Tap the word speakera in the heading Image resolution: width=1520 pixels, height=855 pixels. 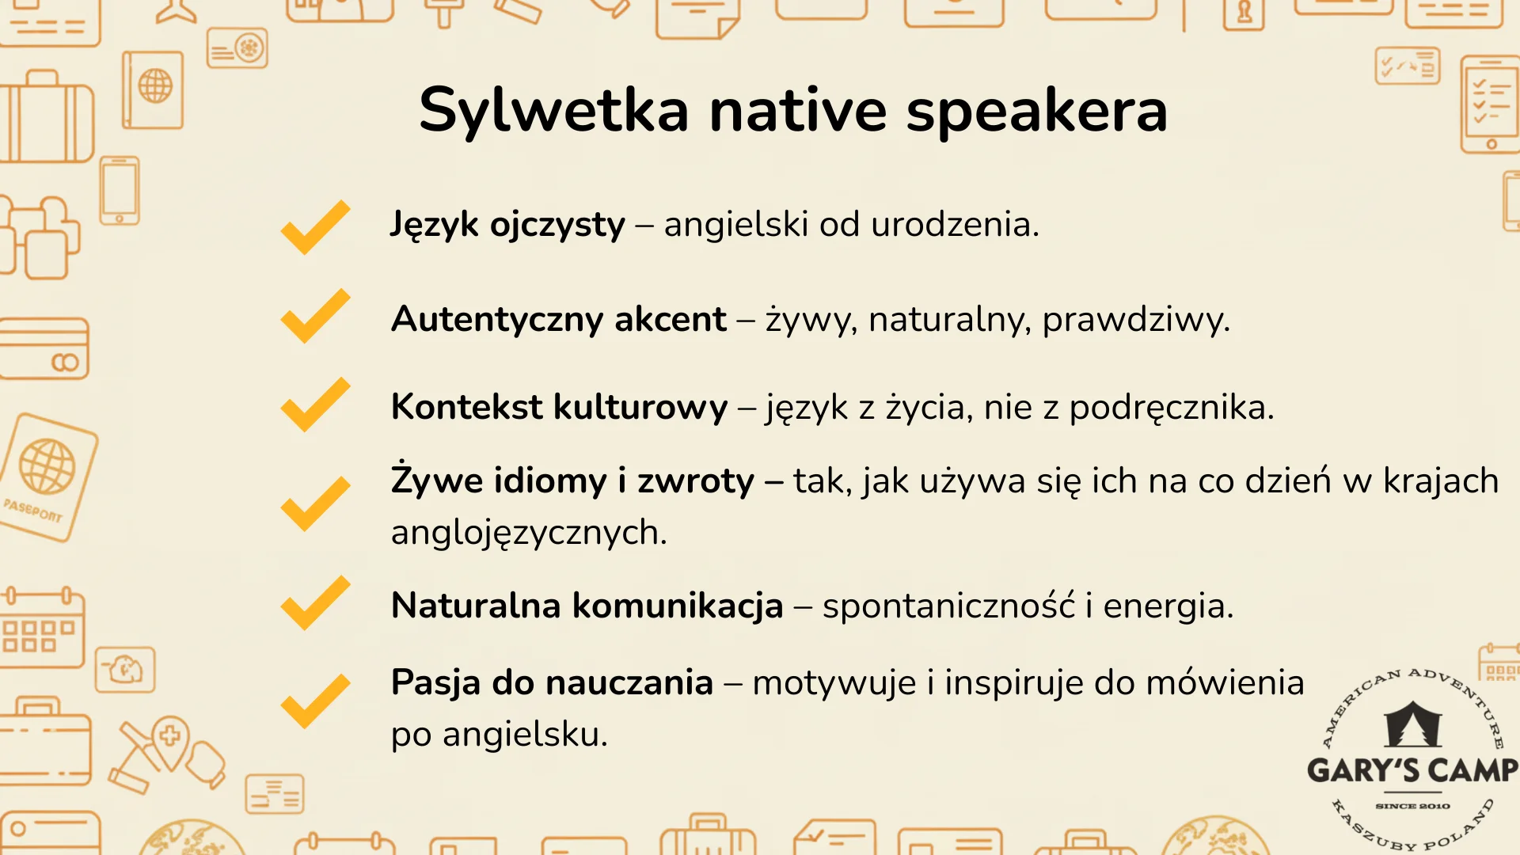coord(1036,111)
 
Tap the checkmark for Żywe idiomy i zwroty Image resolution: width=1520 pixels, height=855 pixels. coord(315,503)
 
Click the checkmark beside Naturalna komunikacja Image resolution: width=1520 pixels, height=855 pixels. coord(315,603)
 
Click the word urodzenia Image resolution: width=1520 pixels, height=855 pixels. coord(954,225)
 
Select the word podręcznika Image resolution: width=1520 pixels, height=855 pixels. coord(1171,408)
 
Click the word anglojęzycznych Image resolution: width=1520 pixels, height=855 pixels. coord(528,534)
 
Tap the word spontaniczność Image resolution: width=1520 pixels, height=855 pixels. coord(948,606)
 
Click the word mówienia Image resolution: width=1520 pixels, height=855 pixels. coord(1225,682)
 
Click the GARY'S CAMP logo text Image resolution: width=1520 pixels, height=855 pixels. coord(1412,770)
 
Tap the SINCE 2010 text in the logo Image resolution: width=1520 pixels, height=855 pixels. coord(1412,806)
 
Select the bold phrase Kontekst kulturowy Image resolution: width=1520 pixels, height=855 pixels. coord(559,408)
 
